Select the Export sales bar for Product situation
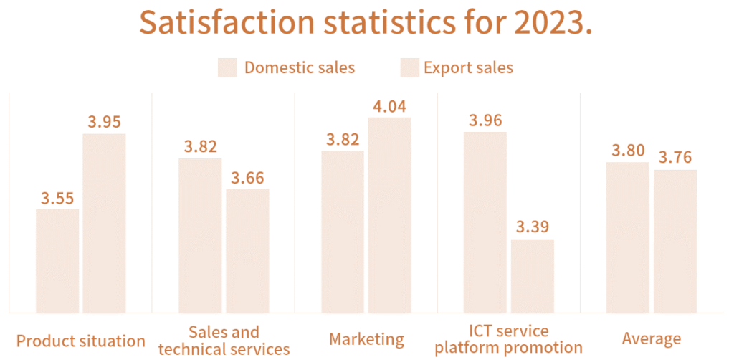pos(104,222)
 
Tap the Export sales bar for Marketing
pos(390,214)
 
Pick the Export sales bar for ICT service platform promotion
pos(533,275)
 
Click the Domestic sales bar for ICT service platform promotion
pos(485,222)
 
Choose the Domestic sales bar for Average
pos(628,237)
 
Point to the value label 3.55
pos(57,199)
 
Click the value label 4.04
pos(390,108)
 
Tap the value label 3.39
pos(533,228)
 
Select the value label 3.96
pos(485,120)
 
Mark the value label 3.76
pos(675,158)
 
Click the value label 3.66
pos(247,177)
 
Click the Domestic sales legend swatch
pos(227,67)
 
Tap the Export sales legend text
pos(468,67)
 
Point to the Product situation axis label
pos(80,341)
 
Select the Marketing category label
pos(366,339)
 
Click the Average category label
pos(652,339)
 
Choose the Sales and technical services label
pos(224,341)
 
